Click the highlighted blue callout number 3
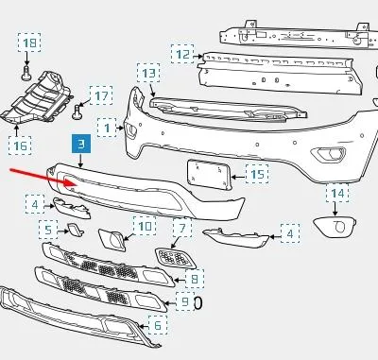point(81,144)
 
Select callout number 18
point(29,43)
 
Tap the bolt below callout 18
point(26,73)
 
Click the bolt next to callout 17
point(77,111)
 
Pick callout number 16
point(20,146)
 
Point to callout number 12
point(182,54)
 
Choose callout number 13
point(148,73)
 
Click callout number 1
point(107,128)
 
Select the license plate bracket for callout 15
point(210,175)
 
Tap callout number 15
point(257,174)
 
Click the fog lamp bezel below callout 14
point(335,226)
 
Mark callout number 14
point(337,193)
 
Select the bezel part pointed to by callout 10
point(112,240)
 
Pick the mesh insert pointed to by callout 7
point(175,258)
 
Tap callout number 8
point(195,279)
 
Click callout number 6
point(158,325)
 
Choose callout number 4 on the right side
point(290,233)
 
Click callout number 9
point(185,301)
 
